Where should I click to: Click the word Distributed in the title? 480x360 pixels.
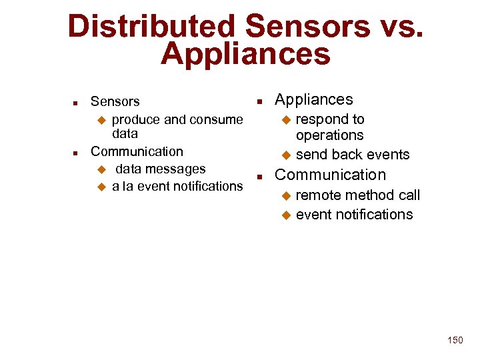coord(151,27)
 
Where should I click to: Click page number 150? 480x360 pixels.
coord(455,340)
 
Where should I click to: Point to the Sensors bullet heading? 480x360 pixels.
coord(115,101)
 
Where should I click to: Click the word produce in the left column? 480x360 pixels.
coord(136,119)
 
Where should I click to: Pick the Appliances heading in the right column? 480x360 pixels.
coord(313,99)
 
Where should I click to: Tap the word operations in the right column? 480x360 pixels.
coord(329,135)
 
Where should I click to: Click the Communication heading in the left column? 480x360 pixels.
coord(137,151)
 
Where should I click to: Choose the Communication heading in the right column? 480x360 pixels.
coord(330,175)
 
